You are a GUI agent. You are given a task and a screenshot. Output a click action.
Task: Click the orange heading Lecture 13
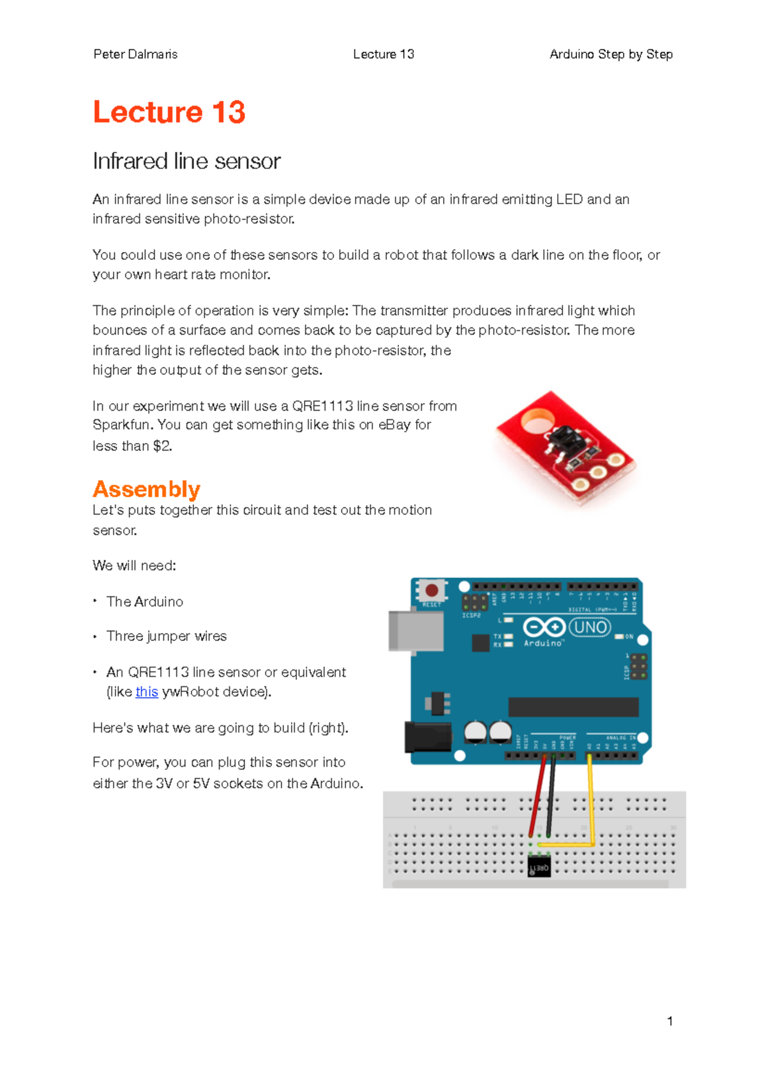point(169,112)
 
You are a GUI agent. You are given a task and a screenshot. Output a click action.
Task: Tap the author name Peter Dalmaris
point(135,54)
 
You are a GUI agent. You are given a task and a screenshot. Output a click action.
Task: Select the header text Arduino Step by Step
point(611,54)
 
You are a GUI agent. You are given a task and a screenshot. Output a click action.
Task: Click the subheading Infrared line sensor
point(186,161)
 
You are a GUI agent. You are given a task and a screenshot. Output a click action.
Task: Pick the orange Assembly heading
point(146,489)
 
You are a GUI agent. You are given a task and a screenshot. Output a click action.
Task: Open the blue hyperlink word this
point(147,691)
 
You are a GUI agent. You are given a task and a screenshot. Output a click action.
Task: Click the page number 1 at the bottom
point(670,1021)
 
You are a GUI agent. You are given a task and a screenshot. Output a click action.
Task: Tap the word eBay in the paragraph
point(394,425)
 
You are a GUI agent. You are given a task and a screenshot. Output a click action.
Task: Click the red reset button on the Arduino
point(432,590)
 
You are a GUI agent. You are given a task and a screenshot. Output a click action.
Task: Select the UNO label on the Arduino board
point(590,628)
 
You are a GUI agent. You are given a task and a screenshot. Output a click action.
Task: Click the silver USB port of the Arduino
point(415,631)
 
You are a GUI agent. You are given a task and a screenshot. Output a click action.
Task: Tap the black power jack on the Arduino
point(426,736)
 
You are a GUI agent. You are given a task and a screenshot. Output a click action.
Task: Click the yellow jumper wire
point(590,798)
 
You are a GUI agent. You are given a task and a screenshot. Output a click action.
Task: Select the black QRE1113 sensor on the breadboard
point(539,867)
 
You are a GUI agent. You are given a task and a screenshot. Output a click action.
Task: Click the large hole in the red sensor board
point(537,423)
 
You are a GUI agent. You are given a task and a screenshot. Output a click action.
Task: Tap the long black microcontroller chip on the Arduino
point(573,707)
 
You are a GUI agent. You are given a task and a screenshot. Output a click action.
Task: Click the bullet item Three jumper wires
point(166,636)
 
